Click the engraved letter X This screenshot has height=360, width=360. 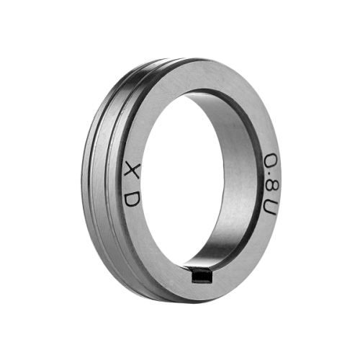[132, 170]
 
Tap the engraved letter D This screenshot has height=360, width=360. [132, 199]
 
